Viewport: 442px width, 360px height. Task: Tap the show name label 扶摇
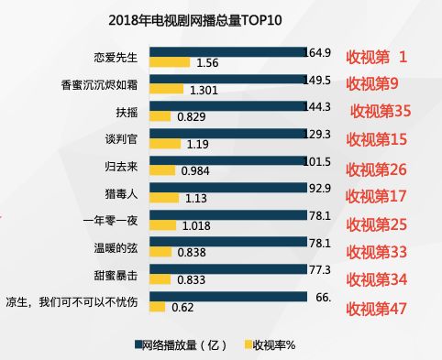(126, 111)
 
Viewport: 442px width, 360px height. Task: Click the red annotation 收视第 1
(375, 57)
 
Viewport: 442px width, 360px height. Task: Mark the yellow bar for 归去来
(161, 170)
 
